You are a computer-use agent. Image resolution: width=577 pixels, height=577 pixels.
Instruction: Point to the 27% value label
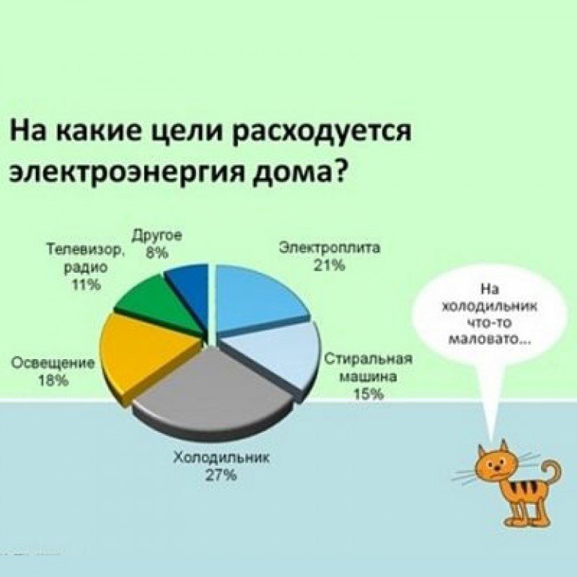(220, 476)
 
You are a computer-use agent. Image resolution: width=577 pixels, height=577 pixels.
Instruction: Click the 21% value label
(329, 265)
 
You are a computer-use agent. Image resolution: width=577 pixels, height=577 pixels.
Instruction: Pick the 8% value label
(157, 252)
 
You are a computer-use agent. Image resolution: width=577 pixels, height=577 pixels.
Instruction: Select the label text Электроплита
(329, 248)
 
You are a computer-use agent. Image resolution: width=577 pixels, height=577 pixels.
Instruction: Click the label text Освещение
(53, 364)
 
